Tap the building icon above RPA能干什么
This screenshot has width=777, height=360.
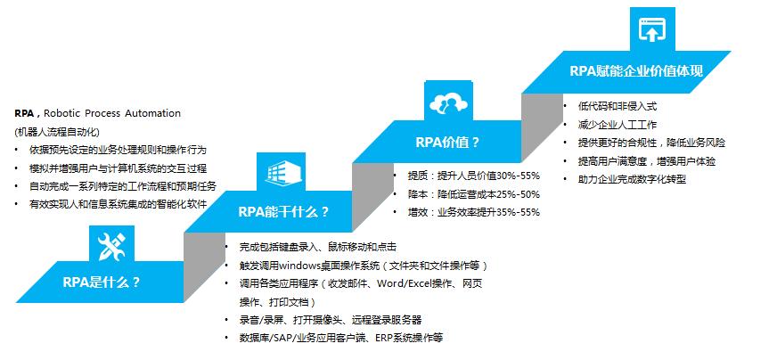[x=281, y=172]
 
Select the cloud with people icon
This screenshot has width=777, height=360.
[x=448, y=102]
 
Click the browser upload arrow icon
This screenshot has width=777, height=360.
[x=652, y=29]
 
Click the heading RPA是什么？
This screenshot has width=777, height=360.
[x=102, y=282]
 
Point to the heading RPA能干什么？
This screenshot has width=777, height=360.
[x=283, y=212]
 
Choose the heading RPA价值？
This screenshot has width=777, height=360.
[x=447, y=143]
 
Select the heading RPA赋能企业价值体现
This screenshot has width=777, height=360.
[x=636, y=70]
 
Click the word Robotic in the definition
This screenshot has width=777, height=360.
[x=62, y=113]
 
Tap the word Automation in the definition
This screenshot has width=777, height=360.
[x=152, y=113]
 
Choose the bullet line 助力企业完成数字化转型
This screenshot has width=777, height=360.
[x=632, y=179]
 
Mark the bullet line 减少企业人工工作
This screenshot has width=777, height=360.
[x=617, y=125]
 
